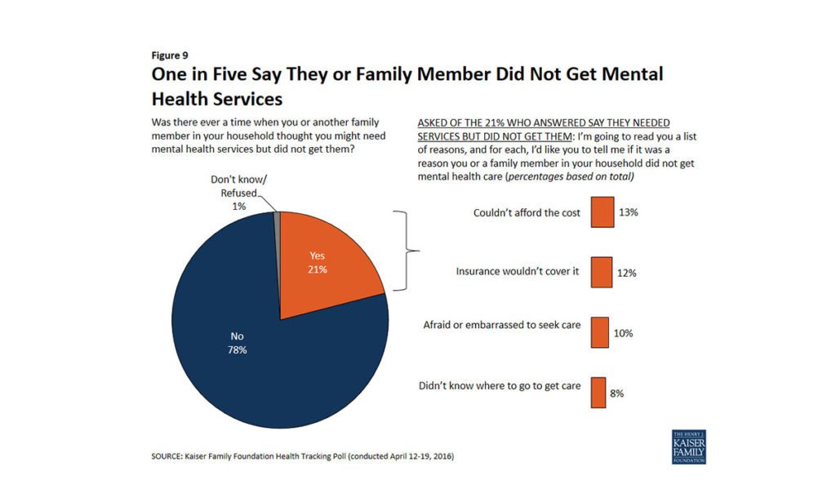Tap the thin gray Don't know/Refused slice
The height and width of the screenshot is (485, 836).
[x=278, y=216]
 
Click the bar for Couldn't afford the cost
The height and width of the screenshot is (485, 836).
[x=603, y=212]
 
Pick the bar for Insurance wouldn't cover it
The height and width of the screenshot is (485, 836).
[x=602, y=272]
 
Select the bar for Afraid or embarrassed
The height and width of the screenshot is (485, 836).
[x=600, y=332]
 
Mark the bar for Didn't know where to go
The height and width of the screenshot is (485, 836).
[x=598, y=392]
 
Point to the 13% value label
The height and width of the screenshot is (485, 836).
[x=628, y=212]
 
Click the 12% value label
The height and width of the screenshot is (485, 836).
[x=626, y=273]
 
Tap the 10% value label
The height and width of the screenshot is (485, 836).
[x=623, y=333]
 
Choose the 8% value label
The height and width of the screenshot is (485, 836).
[x=617, y=394]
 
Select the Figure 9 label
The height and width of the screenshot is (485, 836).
[x=170, y=56]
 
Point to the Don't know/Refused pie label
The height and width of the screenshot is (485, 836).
[x=233, y=193]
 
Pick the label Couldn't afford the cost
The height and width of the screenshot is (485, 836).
[x=527, y=213]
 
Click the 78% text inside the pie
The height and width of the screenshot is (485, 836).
[x=237, y=350]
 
